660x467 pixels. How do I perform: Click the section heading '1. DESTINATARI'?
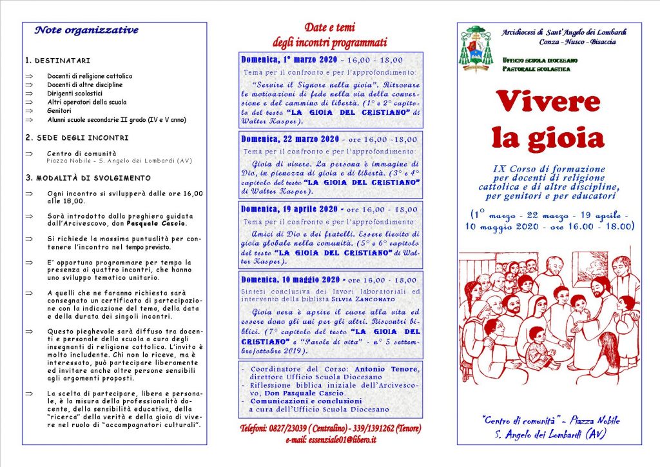pyautogui.click(x=58, y=61)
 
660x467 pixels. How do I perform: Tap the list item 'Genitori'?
pyautogui.click(x=59, y=110)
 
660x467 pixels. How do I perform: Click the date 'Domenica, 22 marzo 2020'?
pyautogui.click(x=290, y=139)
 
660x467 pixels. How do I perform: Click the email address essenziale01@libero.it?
pyautogui.click(x=341, y=439)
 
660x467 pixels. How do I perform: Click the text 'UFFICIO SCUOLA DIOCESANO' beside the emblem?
pyautogui.click(x=539, y=60)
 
